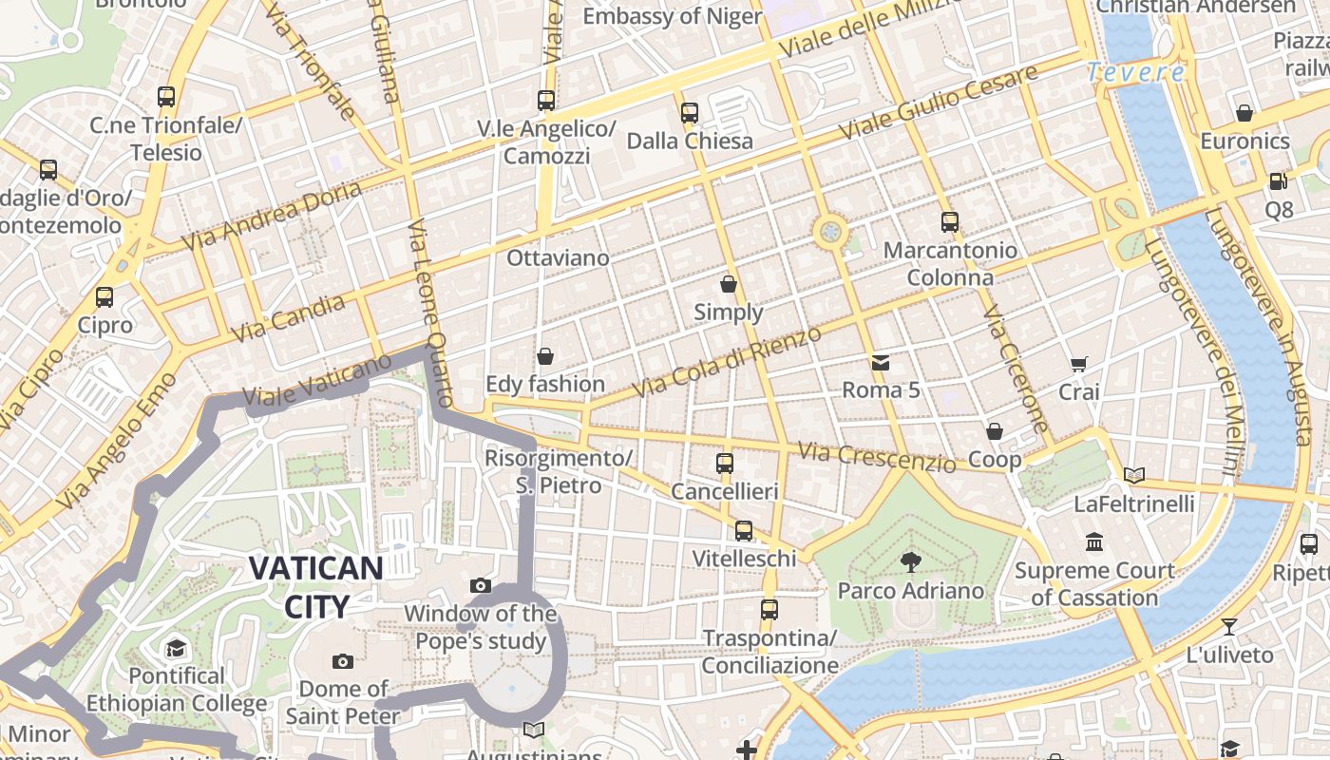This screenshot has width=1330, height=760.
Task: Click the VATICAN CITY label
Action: pos(315,586)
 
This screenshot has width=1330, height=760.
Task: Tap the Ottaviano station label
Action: pos(558,257)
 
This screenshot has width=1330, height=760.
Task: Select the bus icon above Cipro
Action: pos(104,296)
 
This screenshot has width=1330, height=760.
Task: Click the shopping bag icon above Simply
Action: pos(729,284)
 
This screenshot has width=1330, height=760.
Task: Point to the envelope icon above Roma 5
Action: pos(881,362)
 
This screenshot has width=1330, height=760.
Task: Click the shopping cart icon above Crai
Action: pos(1078,364)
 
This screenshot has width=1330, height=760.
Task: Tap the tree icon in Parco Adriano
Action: pos(910,561)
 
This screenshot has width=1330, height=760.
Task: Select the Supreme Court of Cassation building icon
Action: pos(1094,541)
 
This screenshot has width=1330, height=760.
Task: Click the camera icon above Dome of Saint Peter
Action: pos(343,661)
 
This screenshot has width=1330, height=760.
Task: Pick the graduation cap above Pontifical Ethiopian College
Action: pos(176,649)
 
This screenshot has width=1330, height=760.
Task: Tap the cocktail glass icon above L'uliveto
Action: pos(1229,627)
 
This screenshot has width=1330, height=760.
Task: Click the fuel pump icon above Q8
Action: pos(1278,180)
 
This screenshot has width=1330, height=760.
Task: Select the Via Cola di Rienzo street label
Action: pos(727,363)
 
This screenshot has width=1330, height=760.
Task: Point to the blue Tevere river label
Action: pos(1136,72)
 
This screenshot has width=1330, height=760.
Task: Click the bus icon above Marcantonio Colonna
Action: pos(949,222)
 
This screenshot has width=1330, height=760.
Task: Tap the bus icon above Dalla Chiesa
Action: pos(690,113)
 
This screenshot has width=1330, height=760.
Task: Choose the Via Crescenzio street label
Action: pos(876,458)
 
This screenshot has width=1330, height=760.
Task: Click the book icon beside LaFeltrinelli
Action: pos(1133,475)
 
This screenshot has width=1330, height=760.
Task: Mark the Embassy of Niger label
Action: pos(672,16)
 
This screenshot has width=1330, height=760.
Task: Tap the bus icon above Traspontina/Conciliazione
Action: pos(769,609)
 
